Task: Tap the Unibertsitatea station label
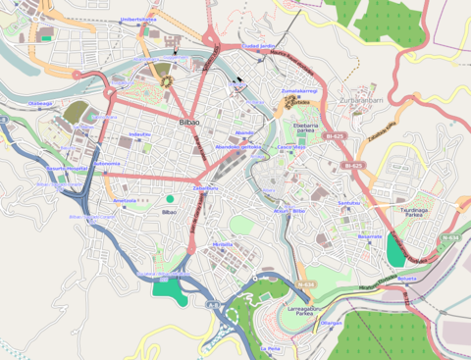(x=138, y=19)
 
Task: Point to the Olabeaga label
(x=40, y=102)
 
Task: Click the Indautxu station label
(x=139, y=133)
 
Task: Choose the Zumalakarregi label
(x=297, y=90)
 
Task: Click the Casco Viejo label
(x=291, y=147)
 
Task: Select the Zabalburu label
(x=206, y=187)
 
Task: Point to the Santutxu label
(x=349, y=203)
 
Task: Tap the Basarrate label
(x=369, y=236)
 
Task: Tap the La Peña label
(x=270, y=348)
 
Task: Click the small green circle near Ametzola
(x=170, y=199)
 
